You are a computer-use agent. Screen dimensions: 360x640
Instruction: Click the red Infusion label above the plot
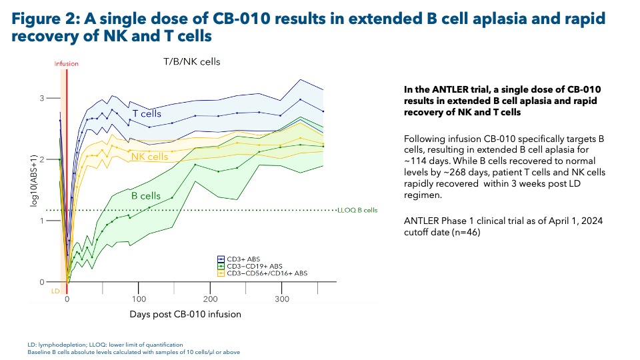point(66,64)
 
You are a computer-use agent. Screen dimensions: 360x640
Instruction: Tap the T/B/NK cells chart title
point(192,62)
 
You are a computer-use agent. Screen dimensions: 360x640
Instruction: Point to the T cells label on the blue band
point(146,114)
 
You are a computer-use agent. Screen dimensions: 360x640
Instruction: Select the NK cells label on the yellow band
point(149,157)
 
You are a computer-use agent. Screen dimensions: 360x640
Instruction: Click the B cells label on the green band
point(145,196)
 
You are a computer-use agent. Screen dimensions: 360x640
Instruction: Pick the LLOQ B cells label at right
point(359,210)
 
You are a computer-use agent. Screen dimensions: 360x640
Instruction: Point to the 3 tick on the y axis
point(43,98)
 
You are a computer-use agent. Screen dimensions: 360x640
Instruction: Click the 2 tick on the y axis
point(43,159)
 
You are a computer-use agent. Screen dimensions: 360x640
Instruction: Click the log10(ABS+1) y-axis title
point(33,181)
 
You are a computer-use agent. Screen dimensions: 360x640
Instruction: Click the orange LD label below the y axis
point(56,291)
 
